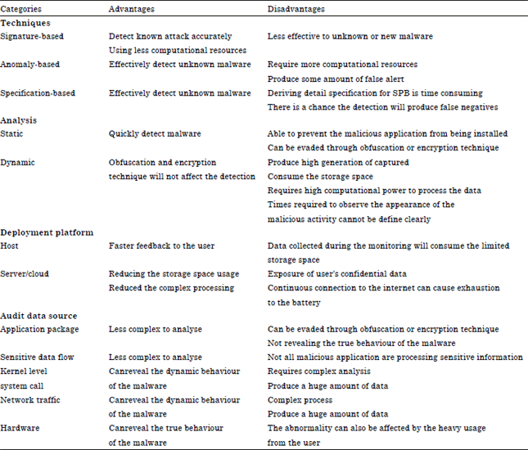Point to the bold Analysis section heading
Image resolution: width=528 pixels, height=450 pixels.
[x=19, y=120]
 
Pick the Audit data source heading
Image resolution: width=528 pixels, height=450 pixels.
[x=38, y=316]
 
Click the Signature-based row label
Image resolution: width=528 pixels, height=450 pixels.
[x=32, y=37]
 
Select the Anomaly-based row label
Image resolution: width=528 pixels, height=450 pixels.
[x=30, y=65]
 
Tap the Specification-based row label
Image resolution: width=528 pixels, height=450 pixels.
[x=38, y=93]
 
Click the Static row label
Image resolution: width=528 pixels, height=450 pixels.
[x=12, y=134]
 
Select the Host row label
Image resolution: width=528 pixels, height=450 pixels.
[x=11, y=245]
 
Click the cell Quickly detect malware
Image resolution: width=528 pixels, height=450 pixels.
[x=156, y=134]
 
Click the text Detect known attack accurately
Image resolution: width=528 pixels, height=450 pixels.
[x=169, y=37]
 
